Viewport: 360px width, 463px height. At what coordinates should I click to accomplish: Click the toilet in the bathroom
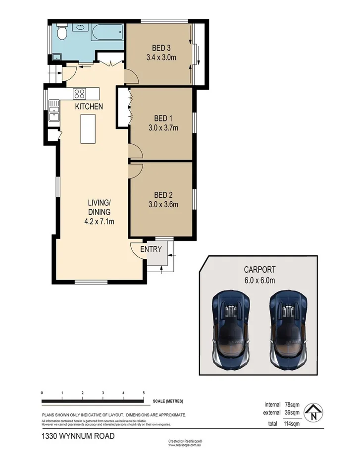click(x=62, y=33)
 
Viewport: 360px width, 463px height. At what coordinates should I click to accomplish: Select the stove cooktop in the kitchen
click(x=79, y=93)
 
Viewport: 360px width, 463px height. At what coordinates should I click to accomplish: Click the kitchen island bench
click(x=88, y=128)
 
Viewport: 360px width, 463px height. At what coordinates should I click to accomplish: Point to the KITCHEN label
click(x=89, y=107)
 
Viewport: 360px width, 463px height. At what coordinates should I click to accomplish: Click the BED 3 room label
click(x=161, y=48)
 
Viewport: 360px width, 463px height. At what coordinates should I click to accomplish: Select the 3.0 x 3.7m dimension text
click(x=163, y=128)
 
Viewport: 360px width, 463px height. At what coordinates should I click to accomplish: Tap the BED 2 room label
click(x=163, y=195)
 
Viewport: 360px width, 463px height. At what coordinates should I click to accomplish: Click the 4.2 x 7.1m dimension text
click(x=99, y=221)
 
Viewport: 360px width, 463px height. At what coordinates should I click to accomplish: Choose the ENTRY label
click(x=151, y=249)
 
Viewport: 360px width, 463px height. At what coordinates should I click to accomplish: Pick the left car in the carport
click(x=231, y=328)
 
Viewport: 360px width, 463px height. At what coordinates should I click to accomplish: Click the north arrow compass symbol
click(x=314, y=411)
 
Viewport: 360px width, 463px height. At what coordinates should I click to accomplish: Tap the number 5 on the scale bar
click(x=143, y=393)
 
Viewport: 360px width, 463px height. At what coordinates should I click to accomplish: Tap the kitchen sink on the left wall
click(x=53, y=114)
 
